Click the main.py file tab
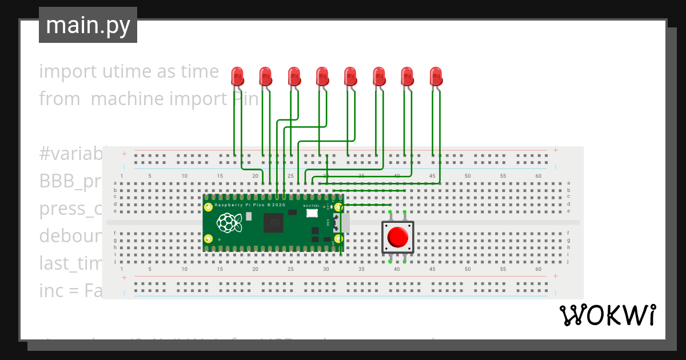(87, 25)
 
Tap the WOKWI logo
(608, 315)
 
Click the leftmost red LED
(237, 77)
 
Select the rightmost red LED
(436, 77)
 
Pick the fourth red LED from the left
(322, 77)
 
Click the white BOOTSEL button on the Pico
(312, 213)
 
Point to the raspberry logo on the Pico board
(228, 222)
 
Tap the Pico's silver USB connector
(345, 222)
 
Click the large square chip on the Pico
(273, 223)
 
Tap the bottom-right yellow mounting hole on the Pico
(338, 239)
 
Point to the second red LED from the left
(265, 77)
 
